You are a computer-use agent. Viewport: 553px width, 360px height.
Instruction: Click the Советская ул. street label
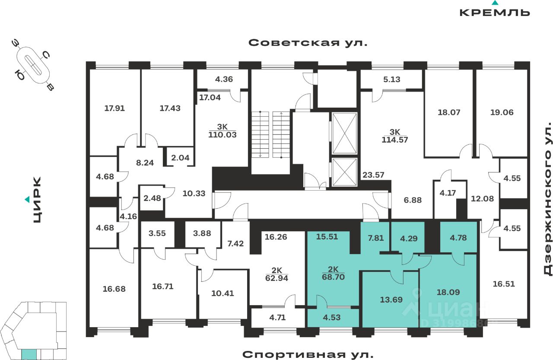click(308, 43)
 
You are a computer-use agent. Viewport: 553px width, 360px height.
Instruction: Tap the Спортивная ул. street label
click(308, 354)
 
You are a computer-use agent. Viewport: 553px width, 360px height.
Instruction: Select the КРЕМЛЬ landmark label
click(494, 12)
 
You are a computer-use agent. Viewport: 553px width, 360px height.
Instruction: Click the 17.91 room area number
click(114, 108)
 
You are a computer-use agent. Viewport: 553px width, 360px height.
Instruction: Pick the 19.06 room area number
click(502, 112)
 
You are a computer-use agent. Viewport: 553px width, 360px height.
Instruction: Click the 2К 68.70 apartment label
click(333, 273)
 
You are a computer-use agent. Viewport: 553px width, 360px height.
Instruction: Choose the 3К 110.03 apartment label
click(222, 131)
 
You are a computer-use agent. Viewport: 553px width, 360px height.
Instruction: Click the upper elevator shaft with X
click(344, 133)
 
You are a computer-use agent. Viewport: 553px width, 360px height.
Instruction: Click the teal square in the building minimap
click(29, 354)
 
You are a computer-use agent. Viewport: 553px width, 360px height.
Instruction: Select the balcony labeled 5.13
click(391, 79)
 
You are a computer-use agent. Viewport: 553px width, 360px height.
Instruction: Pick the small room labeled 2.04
click(180, 157)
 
